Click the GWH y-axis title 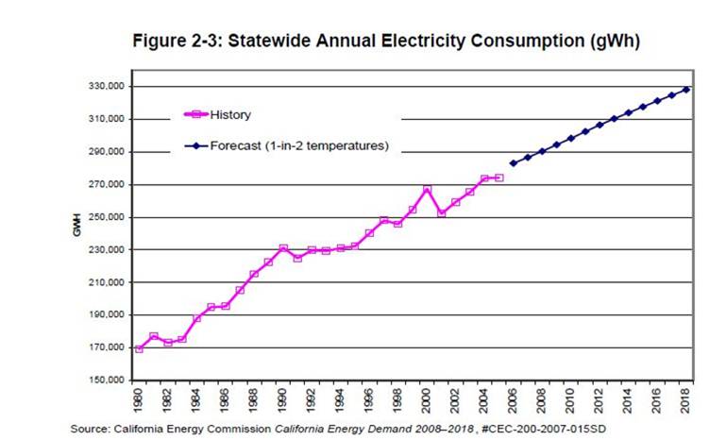(79, 231)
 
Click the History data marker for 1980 (140, 348)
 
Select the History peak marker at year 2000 (428, 190)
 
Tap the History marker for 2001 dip (441, 213)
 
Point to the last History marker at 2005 (498, 178)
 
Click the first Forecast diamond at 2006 (514, 162)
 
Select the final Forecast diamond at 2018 (686, 90)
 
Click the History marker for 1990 (283, 248)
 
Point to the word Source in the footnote (92, 429)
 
